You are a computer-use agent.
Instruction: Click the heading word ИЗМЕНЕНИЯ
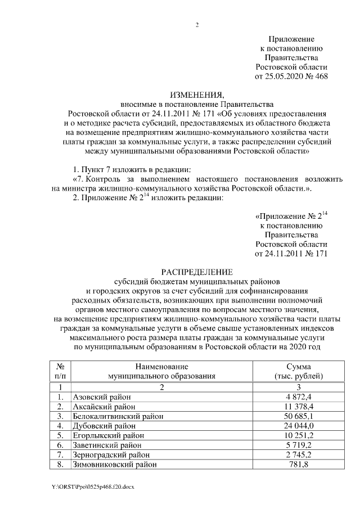click(x=197, y=94)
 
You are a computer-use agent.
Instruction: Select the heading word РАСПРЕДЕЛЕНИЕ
click(x=197, y=271)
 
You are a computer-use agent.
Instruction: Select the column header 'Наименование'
click(x=161, y=366)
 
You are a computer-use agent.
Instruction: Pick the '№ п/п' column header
click(x=60, y=371)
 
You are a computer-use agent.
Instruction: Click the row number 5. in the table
click(x=60, y=436)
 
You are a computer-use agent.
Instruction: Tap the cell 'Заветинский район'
click(x=105, y=445)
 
